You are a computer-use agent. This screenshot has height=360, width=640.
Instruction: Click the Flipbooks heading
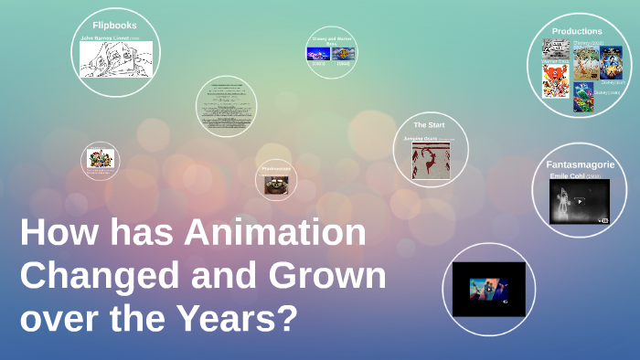(x=115, y=25)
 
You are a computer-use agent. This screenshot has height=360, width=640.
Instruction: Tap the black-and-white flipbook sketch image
(x=115, y=60)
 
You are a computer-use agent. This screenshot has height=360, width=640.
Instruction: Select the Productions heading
(x=577, y=31)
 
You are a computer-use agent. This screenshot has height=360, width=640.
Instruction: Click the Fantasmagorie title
(x=580, y=164)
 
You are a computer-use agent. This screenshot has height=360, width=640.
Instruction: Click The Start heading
(x=429, y=124)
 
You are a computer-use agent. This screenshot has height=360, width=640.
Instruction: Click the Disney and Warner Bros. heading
(x=331, y=40)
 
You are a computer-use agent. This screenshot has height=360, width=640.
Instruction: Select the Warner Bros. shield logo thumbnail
(x=344, y=54)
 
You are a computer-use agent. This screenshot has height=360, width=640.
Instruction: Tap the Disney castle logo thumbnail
(x=317, y=54)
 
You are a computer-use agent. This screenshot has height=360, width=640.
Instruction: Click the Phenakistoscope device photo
(x=275, y=185)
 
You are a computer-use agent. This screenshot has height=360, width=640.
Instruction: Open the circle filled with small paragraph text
(x=226, y=106)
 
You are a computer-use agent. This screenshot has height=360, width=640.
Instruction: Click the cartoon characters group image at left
(x=100, y=159)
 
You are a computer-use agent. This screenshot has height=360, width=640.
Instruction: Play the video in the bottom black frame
(x=488, y=290)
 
